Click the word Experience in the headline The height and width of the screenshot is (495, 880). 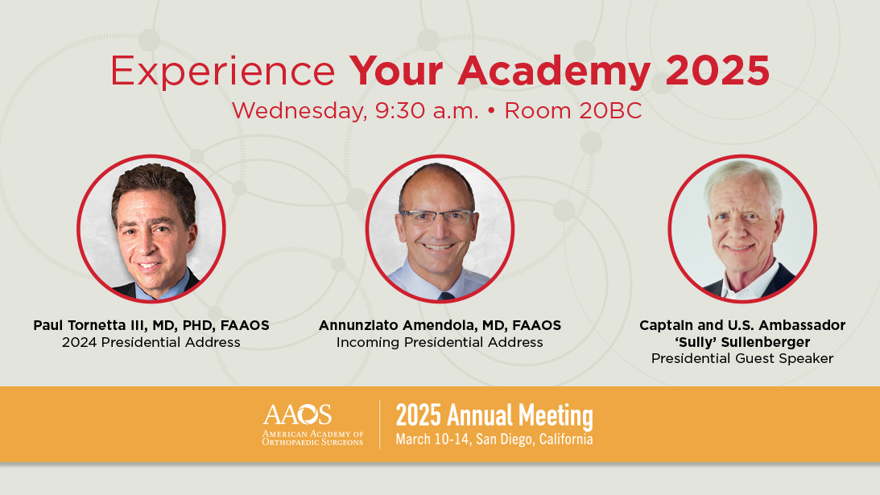point(222,72)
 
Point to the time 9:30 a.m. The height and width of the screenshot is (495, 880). point(427,110)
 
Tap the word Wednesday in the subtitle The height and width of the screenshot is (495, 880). point(300,111)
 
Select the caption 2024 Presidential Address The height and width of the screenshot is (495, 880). point(151,342)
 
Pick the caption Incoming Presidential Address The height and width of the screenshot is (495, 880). point(440,342)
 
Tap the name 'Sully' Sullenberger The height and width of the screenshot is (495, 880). point(742,342)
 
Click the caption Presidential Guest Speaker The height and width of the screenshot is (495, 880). point(742,358)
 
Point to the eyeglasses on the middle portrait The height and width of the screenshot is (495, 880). point(436,217)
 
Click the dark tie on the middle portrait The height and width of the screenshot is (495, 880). point(445,295)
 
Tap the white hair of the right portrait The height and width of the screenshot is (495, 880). point(743,179)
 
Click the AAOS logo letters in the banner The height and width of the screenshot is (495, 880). point(297,415)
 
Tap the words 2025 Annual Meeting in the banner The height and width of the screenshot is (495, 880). point(494,416)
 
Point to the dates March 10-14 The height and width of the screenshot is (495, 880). point(432,439)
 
